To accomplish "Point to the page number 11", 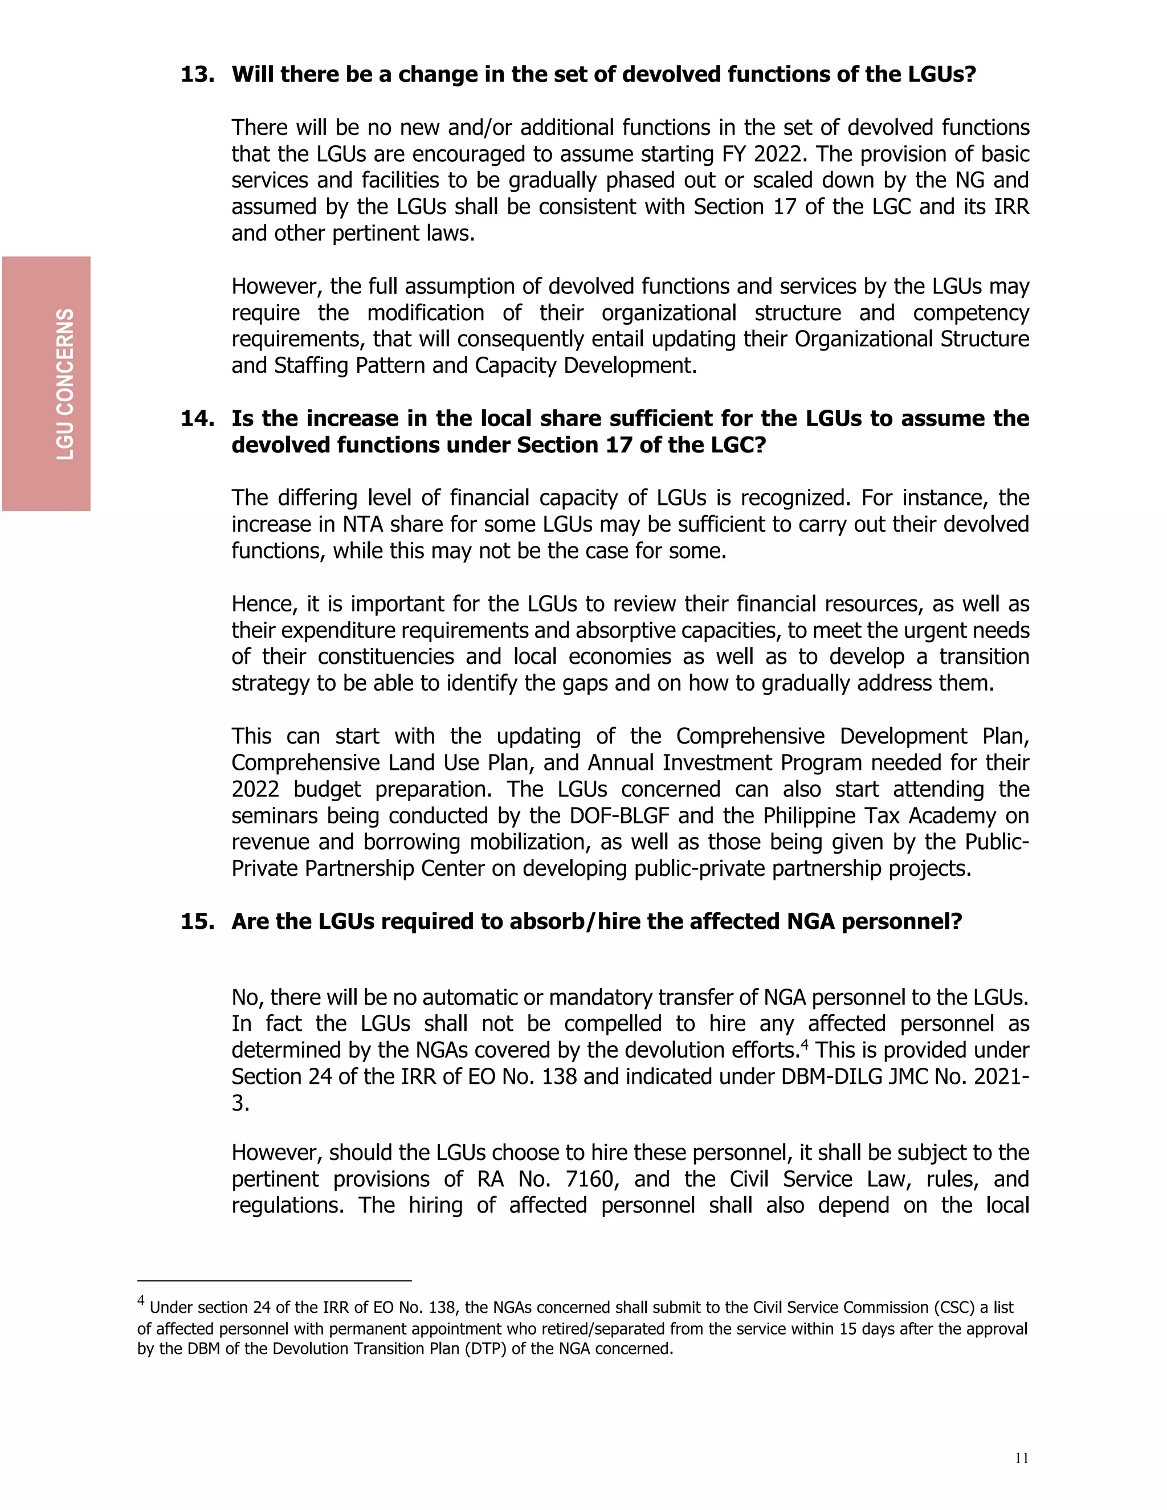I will click(1021, 1458).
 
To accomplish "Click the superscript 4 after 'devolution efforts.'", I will click(804, 1043).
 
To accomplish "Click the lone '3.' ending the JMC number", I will click(240, 1103).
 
